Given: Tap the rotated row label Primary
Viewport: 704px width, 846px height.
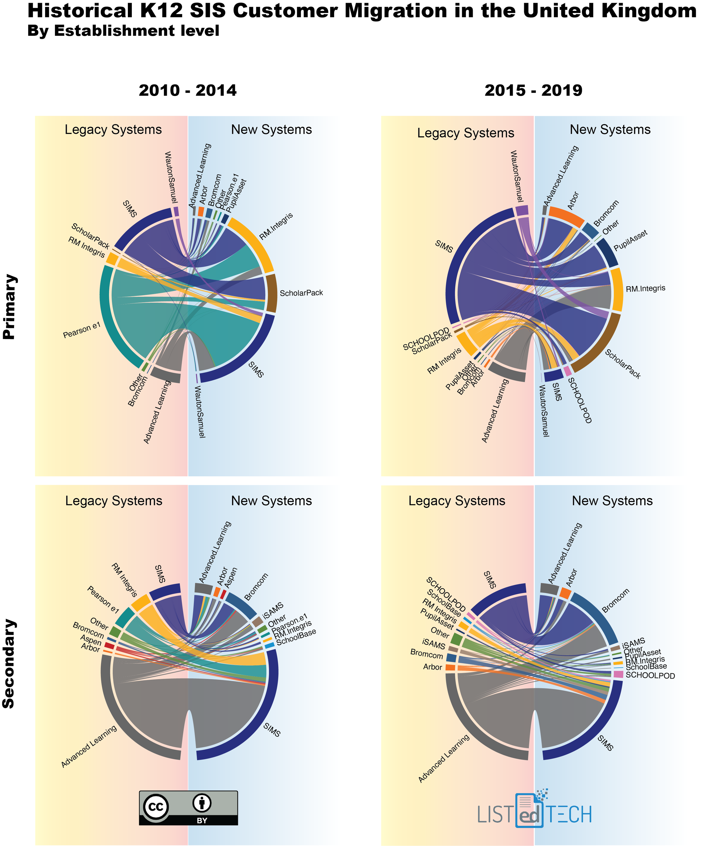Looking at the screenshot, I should pyautogui.click(x=10, y=307).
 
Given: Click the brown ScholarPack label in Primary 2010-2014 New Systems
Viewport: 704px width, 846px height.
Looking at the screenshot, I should pyautogui.click(x=301, y=293).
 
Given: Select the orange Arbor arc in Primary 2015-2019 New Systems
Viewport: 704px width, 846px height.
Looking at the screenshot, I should pyautogui.click(x=567, y=216).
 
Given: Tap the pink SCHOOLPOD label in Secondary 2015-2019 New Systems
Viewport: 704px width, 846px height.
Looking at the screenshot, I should pyautogui.click(x=650, y=676).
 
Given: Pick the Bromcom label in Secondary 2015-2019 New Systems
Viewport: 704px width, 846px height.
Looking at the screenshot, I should pyautogui.click(x=615, y=601).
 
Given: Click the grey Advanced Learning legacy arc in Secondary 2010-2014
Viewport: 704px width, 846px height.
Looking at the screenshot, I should pyautogui.click(x=121, y=721).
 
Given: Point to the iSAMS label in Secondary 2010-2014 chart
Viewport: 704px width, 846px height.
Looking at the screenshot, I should pyautogui.click(x=273, y=611).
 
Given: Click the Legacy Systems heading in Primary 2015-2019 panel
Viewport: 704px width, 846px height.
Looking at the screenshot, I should pyautogui.click(x=465, y=133).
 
